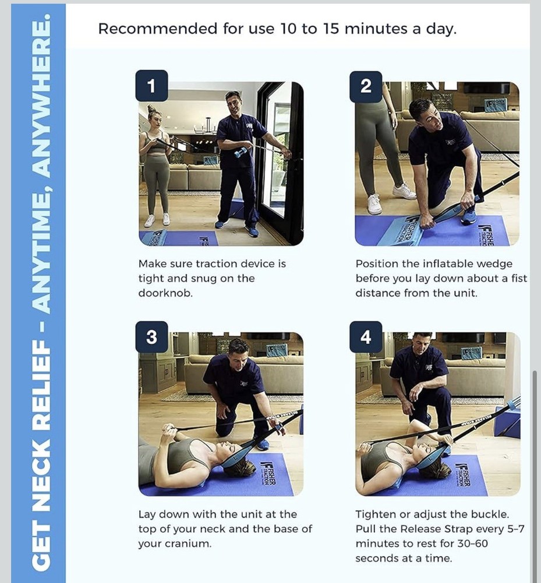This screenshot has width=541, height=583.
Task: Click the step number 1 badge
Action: (151, 86)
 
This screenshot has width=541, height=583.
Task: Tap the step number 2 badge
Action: (366, 86)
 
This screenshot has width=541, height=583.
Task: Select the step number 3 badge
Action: (151, 337)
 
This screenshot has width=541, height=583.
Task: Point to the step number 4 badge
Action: (366, 337)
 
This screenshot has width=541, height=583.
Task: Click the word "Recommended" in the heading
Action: (158, 29)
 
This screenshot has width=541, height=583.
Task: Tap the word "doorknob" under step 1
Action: (165, 293)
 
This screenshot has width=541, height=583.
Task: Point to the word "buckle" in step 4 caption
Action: (490, 514)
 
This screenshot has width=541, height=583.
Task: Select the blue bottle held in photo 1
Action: (241, 152)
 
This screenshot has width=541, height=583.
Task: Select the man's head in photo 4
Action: (423, 344)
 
